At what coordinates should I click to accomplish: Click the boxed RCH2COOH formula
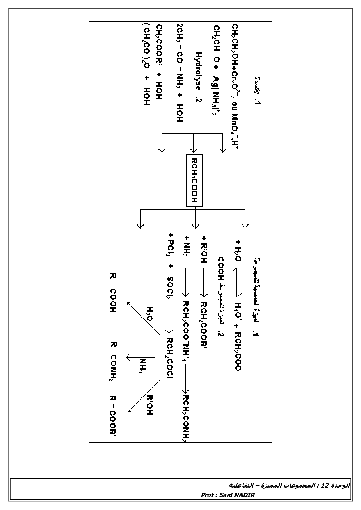194,181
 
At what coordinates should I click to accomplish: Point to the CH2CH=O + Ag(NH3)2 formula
217,70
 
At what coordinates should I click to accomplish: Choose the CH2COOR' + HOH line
159,62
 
